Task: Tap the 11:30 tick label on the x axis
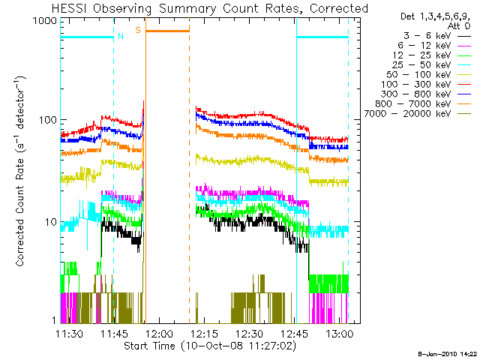(69, 334)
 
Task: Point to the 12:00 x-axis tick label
(160, 334)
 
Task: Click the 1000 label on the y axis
(45, 21)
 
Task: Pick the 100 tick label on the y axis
(48, 120)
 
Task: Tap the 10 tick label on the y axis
(51, 222)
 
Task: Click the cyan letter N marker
(121, 36)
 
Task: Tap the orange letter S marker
(138, 30)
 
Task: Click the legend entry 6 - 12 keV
(434, 46)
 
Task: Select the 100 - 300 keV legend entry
(425, 85)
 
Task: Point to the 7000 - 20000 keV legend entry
(417, 114)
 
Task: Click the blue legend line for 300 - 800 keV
(464, 94)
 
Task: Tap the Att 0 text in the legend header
(459, 26)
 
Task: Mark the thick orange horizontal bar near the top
(167, 31)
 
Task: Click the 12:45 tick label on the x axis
(295, 334)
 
